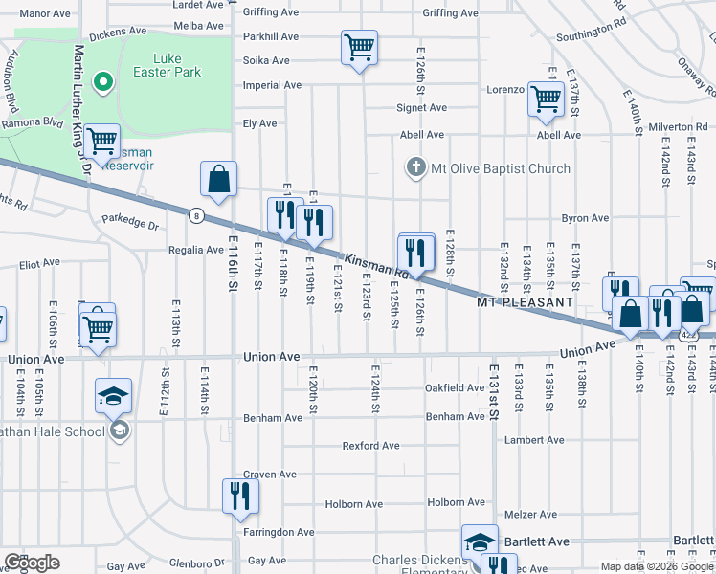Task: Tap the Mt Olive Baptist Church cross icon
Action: [x=415, y=168]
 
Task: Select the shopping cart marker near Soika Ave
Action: [x=359, y=47]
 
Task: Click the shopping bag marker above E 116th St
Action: [x=218, y=179]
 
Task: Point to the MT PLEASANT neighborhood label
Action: [x=525, y=302]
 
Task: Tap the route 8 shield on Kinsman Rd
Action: [x=195, y=214]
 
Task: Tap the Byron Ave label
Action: [x=585, y=218]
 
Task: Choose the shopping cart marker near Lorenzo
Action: [x=546, y=99]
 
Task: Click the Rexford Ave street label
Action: [x=371, y=446]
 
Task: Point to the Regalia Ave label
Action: [x=195, y=250]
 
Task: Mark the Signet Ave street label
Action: [x=421, y=108]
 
